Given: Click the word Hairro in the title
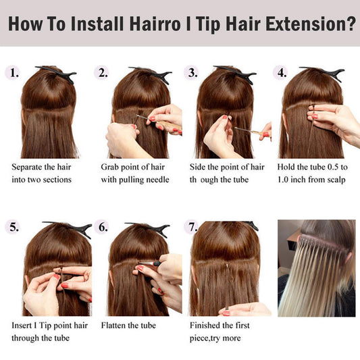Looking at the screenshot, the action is coord(155,24).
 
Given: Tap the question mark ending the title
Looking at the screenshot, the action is coord(351,24).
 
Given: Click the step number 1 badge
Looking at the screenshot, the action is coord(14,72).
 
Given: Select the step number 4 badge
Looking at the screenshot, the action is coord(281,72).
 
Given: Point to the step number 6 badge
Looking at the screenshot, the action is coord(103,228).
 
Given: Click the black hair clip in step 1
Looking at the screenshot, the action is coord(57,74).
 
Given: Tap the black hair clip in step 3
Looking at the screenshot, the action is coord(235,74).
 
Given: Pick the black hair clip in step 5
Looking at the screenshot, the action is coord(69,229).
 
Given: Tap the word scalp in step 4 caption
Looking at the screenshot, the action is coord(336,180).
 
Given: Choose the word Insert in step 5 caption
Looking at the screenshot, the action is coord(22,326).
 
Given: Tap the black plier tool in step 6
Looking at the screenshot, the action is coord(151,263).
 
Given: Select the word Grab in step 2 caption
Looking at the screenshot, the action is coord(109,167).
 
